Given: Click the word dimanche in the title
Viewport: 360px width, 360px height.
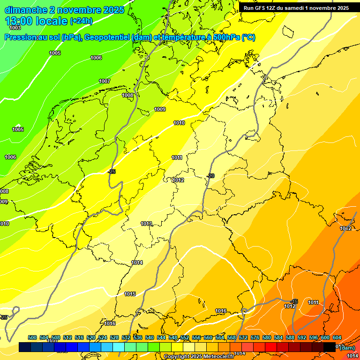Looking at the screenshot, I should pyautogui.click(x=26, y=10).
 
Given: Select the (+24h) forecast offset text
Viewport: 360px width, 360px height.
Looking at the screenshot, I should pyautogui.click(x=81, y=21).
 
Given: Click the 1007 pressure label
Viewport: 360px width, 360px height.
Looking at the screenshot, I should pyautogui.click(x=105, y=81).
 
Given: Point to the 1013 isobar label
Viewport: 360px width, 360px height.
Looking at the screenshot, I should pyautogui.click(x=146, y=224).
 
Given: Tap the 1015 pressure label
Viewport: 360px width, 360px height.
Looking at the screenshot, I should pyautogui.click(x=130, y=294).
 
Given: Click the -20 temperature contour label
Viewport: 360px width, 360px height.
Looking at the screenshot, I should pyautogui.click(x=210, y=176).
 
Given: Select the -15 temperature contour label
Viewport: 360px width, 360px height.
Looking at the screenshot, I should pyautogui.click(x=294, y=301).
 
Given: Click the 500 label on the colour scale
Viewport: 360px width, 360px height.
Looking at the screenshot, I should pyautogui.click(x=32, y=337).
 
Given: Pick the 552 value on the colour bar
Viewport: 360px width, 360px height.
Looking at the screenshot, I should pyautogui.click(x=184, y=337).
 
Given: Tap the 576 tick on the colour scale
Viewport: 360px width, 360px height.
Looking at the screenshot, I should pyautogui.click(x=255, y=337).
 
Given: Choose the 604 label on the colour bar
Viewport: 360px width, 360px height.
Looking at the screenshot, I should pyautogui.click(x=337, y=337).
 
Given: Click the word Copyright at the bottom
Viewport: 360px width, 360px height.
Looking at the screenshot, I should pyautogui.click(x=177, y=357).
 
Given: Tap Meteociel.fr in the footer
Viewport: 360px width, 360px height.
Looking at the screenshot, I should pyautogui.click(x=219, y=357).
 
